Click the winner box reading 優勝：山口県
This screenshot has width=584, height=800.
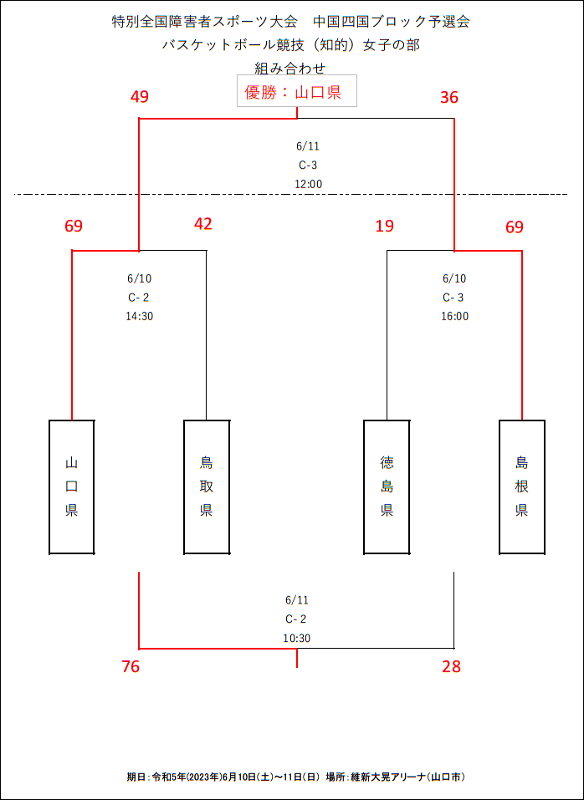296,91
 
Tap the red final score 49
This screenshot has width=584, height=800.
140,97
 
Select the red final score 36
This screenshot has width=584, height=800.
450,97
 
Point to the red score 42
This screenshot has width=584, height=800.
203,224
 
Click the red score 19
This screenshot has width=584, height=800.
384,226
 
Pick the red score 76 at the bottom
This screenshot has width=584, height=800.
131,666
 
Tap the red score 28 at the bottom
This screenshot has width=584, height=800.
452,666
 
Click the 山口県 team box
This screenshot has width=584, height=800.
72,487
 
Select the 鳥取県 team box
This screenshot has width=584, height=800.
206,487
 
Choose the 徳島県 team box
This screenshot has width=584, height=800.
387,487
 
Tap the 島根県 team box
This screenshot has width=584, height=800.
522,487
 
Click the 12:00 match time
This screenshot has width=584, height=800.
309,184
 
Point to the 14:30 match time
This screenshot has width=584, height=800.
140,316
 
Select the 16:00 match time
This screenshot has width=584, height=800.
455,316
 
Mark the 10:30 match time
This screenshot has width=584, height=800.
296,638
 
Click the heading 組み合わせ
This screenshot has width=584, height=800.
290,68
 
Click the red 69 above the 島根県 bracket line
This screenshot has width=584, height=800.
515,226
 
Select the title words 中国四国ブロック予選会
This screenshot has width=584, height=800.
391,22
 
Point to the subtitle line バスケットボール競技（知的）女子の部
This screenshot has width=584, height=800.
291,45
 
